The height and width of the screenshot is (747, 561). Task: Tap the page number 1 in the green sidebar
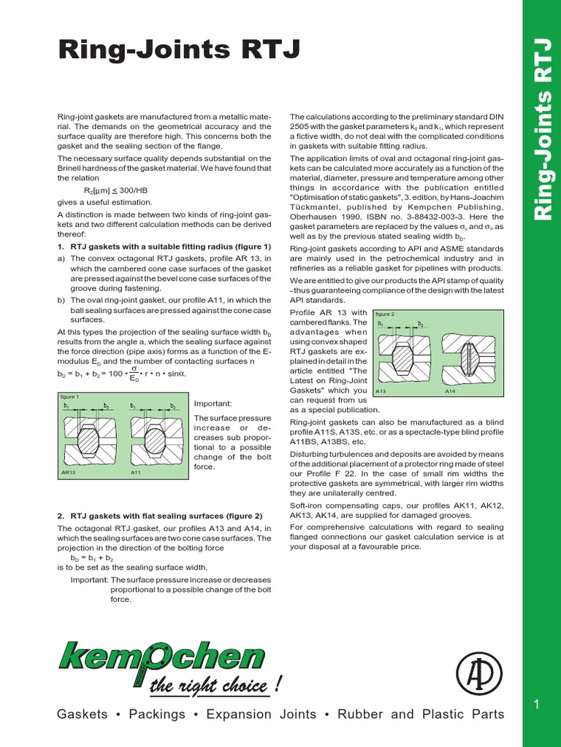[537, 703]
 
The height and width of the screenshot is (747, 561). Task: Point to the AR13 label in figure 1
[69, 473]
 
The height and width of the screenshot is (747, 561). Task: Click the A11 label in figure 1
[136, 473]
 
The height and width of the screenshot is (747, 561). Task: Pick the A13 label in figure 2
[381, 392]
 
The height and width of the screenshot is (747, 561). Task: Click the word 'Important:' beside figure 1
[213, 403]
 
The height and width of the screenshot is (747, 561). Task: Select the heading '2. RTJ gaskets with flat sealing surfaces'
[160, 516]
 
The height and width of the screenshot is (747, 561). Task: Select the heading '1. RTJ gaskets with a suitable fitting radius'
[164, 247]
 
